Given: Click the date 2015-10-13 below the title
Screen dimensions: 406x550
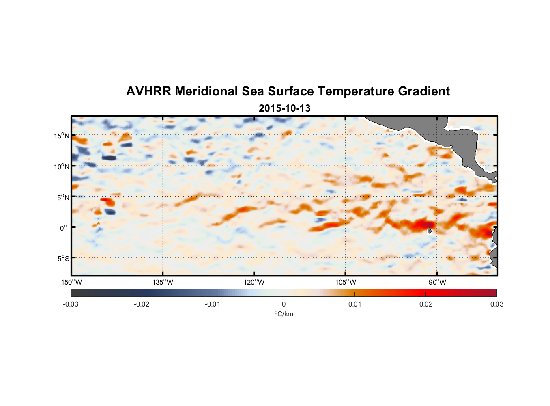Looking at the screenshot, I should pyautogui.click(x=284, y=108).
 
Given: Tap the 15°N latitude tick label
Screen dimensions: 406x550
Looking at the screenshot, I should pyautogui.click(x=62, y=136).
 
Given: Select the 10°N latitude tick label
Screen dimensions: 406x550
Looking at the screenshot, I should pyautogui.click(x=62, y=166).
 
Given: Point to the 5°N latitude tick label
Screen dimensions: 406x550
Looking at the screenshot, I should pyautogui.click(x=63, y=197).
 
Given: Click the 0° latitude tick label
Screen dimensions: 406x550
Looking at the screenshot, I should pyautogui.click(x=64, y=228).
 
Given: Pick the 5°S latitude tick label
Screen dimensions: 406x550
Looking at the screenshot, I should pyautogui.click(x=63, y=259).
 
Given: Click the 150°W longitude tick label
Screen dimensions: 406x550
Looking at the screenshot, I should pyautogui.click(x=72, y=282).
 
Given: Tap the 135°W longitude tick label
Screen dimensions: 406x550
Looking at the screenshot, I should pyautogui.click(x=163, y=282).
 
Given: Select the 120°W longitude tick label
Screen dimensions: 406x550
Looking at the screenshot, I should pyautogui.click(x=254, y=282).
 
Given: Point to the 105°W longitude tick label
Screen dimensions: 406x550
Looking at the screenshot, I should pyautogui.click(x=346, y=282).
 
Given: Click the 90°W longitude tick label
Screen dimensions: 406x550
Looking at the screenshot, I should pyautogui.click(x=437, y=282).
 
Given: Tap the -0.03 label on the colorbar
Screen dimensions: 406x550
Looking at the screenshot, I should pyautogui.click(x=71, y=304).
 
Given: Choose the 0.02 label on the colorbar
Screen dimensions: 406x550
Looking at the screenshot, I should pyautogui.click(x=426, y=304).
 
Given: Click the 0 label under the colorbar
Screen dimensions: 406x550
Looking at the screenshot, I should pyautogui.click(x=284, y=304).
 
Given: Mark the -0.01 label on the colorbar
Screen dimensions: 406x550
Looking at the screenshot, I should pyautogui.click(x=213, y=304).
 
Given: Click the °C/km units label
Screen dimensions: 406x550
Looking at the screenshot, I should pyautogui.click(x=284, y=314).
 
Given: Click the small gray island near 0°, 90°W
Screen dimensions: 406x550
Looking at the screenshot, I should pyautogui.click(x=429, y=230).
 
